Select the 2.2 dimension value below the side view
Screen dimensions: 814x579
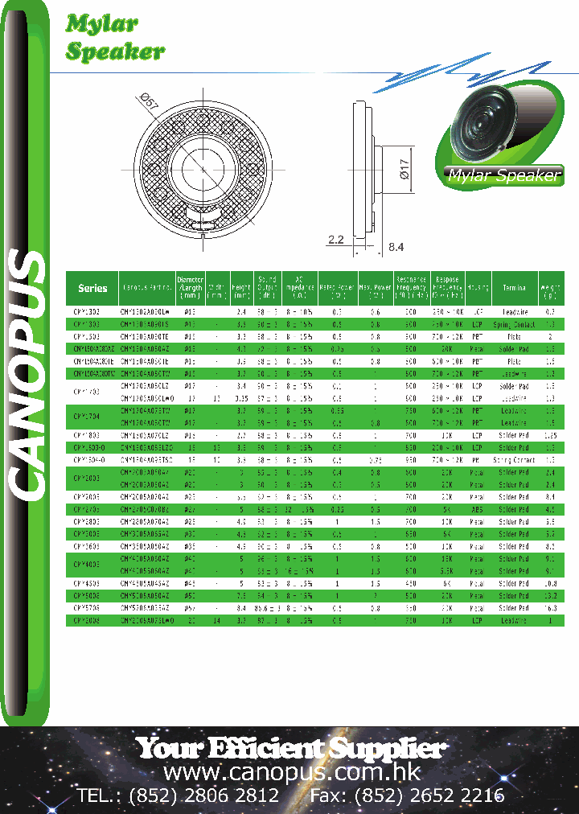(x=336, y=239)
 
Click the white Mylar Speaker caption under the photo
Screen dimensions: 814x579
(x=503, y=176)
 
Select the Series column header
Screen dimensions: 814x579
(x=92, y=288)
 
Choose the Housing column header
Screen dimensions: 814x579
(x=478, y=288)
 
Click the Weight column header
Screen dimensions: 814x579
(x=551, y=288)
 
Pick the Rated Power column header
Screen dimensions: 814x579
(x=337, y=288)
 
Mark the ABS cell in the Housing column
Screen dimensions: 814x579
(x=478, y=509)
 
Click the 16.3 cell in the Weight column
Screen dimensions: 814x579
(x=551, y=610)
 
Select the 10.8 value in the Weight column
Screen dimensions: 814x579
(x=551, y=583)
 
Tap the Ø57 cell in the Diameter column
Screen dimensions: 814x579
(x=190, y=610)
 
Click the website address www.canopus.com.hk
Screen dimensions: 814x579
(x=292, y=773)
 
